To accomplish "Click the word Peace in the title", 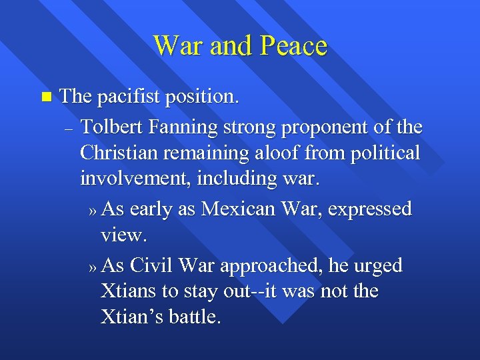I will (294, 46).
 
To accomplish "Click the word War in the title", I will (176, 46).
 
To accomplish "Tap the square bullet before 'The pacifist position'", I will (45, 97).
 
